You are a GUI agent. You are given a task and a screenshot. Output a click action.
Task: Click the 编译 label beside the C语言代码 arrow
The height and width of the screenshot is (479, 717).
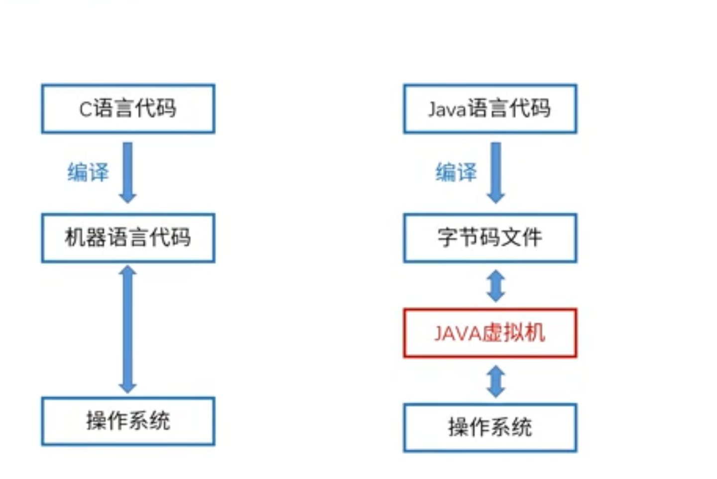88,172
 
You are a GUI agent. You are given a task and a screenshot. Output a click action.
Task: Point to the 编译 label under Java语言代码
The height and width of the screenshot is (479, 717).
456,172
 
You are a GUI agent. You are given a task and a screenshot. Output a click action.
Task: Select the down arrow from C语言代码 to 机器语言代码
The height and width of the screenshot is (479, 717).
127,173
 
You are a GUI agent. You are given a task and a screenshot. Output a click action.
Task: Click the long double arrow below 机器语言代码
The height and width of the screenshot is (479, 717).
127,329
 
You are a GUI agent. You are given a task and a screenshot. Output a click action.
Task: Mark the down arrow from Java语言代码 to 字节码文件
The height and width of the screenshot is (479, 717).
496,173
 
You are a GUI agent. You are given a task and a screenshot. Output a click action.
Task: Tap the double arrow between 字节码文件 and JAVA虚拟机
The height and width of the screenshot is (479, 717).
496,286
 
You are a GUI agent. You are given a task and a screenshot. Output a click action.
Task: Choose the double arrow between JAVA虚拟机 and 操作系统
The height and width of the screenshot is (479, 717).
496,381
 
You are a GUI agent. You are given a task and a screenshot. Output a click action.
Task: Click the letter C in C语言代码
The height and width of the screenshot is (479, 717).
86,110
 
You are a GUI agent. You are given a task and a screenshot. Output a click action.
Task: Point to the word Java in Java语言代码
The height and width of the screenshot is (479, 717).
447,110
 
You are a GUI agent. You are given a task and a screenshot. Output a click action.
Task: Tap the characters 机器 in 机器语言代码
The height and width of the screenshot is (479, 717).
85,238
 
